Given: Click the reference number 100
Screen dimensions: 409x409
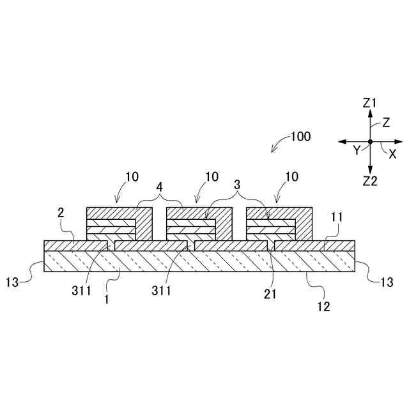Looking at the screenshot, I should (300, 137).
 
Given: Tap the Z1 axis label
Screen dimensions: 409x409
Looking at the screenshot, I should (370, 102).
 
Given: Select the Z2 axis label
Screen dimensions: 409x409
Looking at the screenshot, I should (370, 181).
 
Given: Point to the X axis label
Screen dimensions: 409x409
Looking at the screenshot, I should (392, 154).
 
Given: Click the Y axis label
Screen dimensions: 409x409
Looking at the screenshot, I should (357, 150).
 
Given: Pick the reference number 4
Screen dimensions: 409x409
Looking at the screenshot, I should (160, 188).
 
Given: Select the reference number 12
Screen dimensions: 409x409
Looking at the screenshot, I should (324, 306).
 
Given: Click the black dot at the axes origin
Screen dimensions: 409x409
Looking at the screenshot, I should (370, 141).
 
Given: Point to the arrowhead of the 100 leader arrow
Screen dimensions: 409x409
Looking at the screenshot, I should (273, 151).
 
